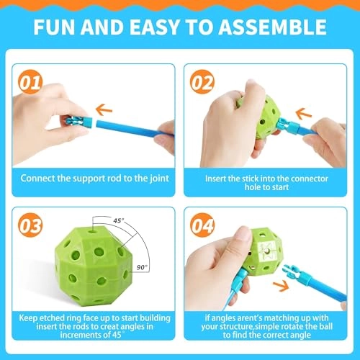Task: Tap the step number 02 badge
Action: (202, 81)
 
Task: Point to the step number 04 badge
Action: (202, 226)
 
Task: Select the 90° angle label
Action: (141, 267)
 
